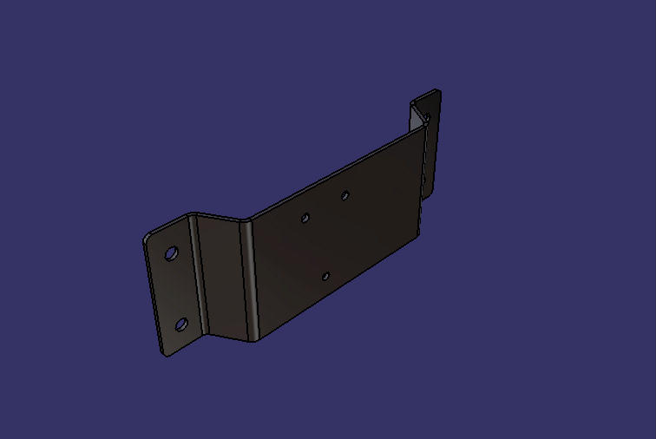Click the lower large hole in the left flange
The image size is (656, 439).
pos(181,324)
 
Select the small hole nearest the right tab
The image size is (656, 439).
pos(344,195)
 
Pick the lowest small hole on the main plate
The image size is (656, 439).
pos(325,276)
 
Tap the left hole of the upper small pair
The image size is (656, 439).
pos(305,218)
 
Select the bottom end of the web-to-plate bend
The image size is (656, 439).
pos(253,338)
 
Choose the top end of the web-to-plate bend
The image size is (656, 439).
pos(244,220)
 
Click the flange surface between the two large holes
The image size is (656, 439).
pos(176,289)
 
